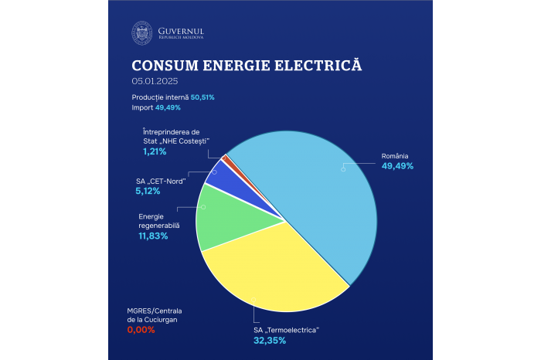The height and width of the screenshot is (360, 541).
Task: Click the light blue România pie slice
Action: click(x=325, y=193)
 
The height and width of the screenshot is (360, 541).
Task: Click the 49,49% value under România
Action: click(x=397, y=166)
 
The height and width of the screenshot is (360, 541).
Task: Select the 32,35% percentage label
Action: click(x=270, y=340)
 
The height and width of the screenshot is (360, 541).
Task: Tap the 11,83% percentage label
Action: click(x=153, y=236)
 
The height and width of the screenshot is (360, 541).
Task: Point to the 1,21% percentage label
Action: click(x=155, y=152)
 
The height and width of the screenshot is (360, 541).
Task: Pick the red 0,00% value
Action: click(x=141, y=330)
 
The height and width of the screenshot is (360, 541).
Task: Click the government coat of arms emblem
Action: click(x=141, y=33)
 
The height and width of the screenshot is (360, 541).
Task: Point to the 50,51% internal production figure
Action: click(x=202, y=97)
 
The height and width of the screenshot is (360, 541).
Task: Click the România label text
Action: click(x=395, y=155)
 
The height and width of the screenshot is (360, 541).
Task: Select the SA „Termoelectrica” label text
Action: click(x=287, y=330)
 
